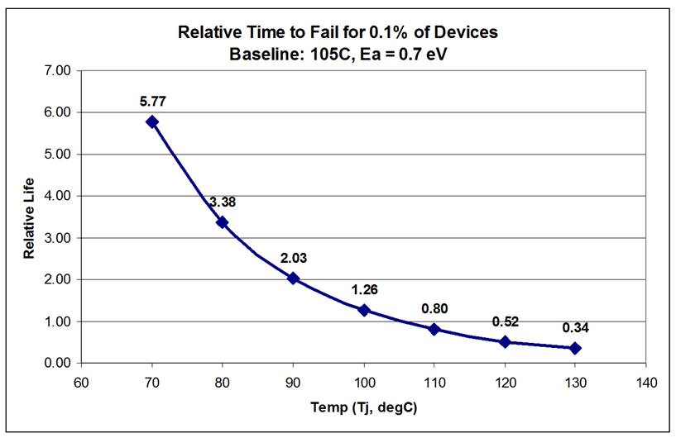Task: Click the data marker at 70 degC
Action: [x=151, y=121]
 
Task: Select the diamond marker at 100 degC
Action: [x=363, y=310]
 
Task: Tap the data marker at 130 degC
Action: [x=575, y=348]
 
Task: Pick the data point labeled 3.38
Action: [x=222, y=221]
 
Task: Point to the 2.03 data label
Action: [x=293, y=258]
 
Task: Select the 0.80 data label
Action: [x=434, y=309]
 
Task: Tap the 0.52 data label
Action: [x=505, y=321]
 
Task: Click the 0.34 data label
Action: [x=575, y=328]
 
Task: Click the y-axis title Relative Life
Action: [x=29, y=217]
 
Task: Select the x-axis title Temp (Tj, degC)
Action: [x=362, y=408]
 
